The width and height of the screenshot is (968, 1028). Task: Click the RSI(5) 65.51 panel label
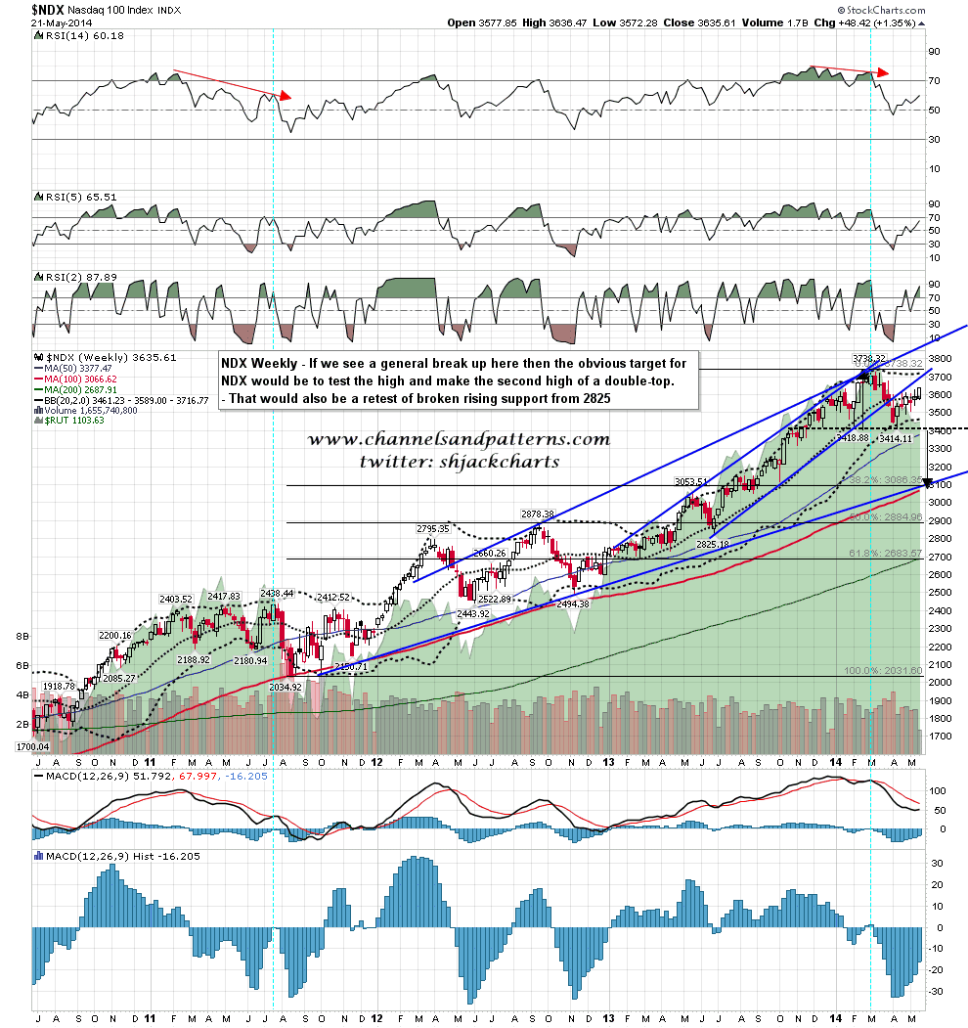[76, 196]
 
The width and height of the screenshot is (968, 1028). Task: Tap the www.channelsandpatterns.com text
[459, 439]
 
